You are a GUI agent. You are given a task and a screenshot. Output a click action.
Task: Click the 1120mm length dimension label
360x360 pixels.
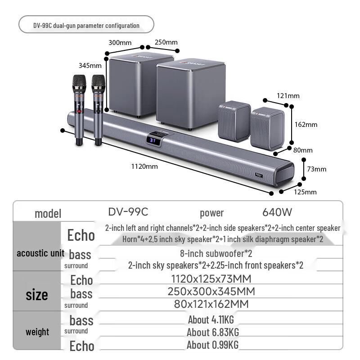pos(144,166)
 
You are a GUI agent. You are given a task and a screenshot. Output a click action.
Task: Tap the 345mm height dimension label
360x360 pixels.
pos(89,65)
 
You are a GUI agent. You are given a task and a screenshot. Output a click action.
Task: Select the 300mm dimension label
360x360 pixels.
pos(120,43)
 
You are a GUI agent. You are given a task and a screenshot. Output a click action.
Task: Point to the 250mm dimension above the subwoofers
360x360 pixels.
pos(166,42)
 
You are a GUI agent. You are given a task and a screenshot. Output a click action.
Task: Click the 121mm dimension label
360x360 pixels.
pos(288,96)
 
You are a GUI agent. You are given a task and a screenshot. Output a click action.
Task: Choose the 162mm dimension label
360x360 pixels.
pos(306,125)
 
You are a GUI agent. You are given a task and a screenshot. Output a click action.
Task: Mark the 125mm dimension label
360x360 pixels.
pos(305,192)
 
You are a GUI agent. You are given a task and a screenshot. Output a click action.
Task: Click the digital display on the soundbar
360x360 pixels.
pos(153,140)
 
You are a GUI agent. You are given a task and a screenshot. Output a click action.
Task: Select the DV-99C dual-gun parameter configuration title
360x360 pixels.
pos(86,26)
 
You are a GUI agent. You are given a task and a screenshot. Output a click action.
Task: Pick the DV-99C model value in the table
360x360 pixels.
pos(128,211)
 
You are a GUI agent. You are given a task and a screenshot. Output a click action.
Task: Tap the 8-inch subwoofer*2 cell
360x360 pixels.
pos(216,253)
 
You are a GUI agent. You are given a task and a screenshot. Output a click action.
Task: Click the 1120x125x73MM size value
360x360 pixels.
pos(211,279)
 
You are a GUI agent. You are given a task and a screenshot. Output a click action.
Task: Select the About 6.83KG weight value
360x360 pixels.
pos(213,333)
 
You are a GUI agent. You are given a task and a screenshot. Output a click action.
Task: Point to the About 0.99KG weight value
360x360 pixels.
pos(213,345)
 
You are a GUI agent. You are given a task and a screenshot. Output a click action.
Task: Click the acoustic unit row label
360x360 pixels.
pos(40,253)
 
